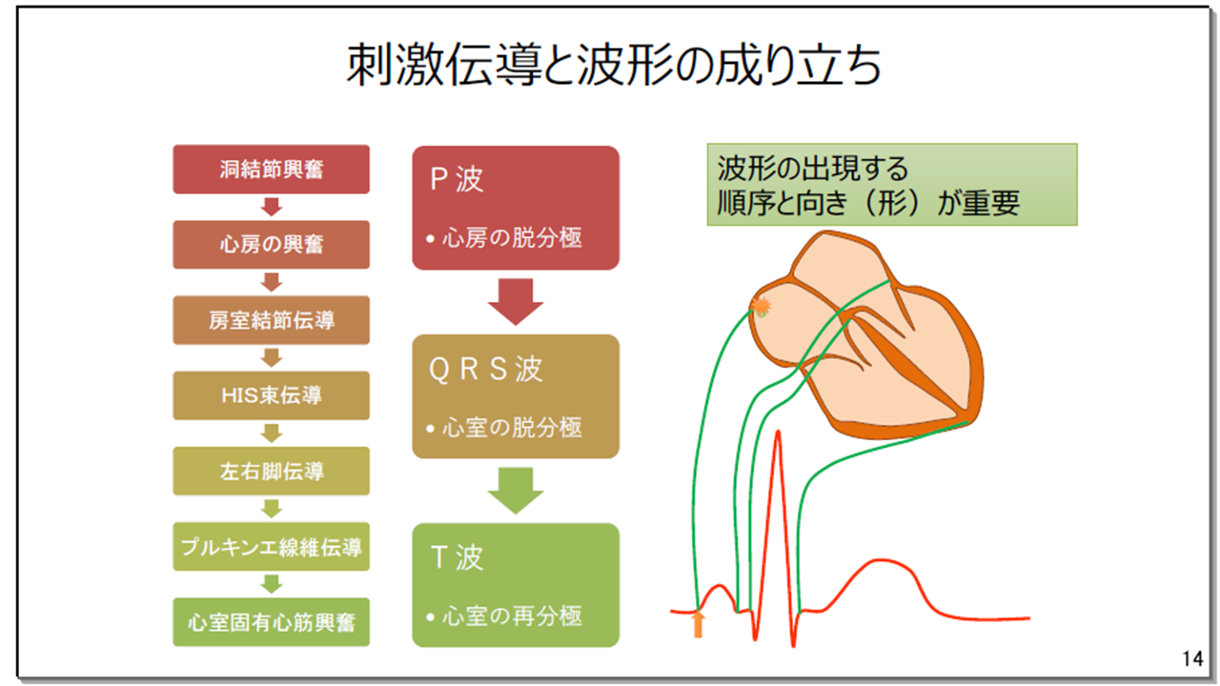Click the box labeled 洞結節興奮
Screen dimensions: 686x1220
[x=271, y=170]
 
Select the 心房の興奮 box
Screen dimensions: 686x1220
[x=271, y=245]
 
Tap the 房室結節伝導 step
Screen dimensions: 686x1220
[x=271, y=320]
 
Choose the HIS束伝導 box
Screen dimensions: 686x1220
[x=271, y=395]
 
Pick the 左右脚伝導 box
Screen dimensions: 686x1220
[x=271, y=471]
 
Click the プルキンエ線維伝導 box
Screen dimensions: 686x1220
[x=271, y=547]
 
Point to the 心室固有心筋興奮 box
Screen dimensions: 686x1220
[x=271, y=622]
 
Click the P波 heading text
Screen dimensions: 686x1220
[x=457, y=180]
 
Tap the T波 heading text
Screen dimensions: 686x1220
[x=457, y=557]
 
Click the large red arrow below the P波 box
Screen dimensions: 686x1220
[x=516, y=302]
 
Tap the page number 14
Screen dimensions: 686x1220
[x=1190, y=658]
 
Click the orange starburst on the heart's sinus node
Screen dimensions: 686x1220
[x=761, y=305]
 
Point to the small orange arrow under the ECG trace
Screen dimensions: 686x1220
[x=699, y=624]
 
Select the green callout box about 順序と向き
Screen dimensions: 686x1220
[x=891, y=185]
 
